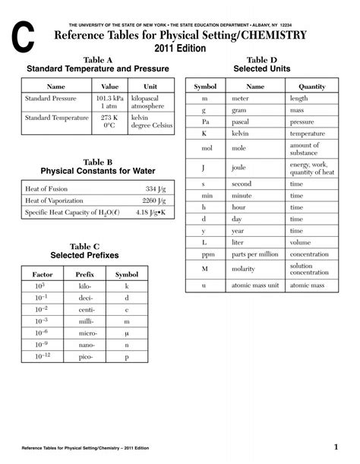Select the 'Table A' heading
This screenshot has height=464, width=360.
[97, 59]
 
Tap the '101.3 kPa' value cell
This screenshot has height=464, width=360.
[111, 98]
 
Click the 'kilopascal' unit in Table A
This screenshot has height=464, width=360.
[145, 98]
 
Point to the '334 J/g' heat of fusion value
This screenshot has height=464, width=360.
[155, 188]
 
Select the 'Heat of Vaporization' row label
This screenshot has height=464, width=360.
[59, 200]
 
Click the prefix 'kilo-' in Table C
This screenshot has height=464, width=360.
[84, 286]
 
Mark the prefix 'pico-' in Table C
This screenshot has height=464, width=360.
[84, 356]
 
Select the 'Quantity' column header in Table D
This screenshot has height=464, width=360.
[311, 87]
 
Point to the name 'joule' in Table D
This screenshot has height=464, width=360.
[240, 168]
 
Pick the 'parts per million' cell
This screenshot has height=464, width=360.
[257, 254]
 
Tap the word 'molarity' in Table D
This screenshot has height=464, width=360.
[244, 270]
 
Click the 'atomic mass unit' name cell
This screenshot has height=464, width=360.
[257, 286]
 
